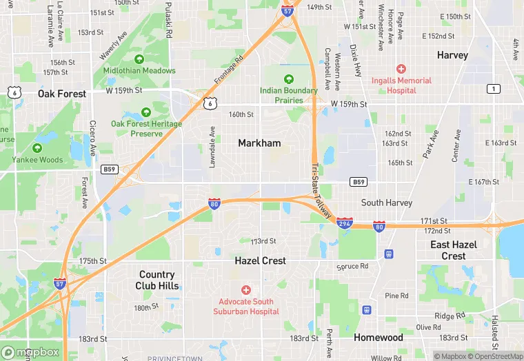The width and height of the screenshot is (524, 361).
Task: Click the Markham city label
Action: point(259,143)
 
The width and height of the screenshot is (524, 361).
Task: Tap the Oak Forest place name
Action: point(62,94)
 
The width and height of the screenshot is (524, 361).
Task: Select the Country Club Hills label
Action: point(158,280)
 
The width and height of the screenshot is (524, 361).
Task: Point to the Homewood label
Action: point(379,338)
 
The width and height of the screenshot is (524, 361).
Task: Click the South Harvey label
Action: point(387,203)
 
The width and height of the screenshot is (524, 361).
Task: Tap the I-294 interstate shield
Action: point(345,223)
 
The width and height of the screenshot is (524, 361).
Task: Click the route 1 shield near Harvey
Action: point(493,89)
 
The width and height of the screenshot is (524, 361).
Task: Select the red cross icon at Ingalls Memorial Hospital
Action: point(401,69)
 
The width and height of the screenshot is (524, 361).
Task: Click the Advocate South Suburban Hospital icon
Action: point(245,290)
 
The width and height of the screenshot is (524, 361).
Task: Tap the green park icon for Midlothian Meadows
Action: point(139,59)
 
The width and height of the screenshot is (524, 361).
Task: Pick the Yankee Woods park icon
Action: point(37,148)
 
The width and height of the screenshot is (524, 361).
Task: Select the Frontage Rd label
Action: point(229,70)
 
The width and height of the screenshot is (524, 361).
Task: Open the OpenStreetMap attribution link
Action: point(496,356)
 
